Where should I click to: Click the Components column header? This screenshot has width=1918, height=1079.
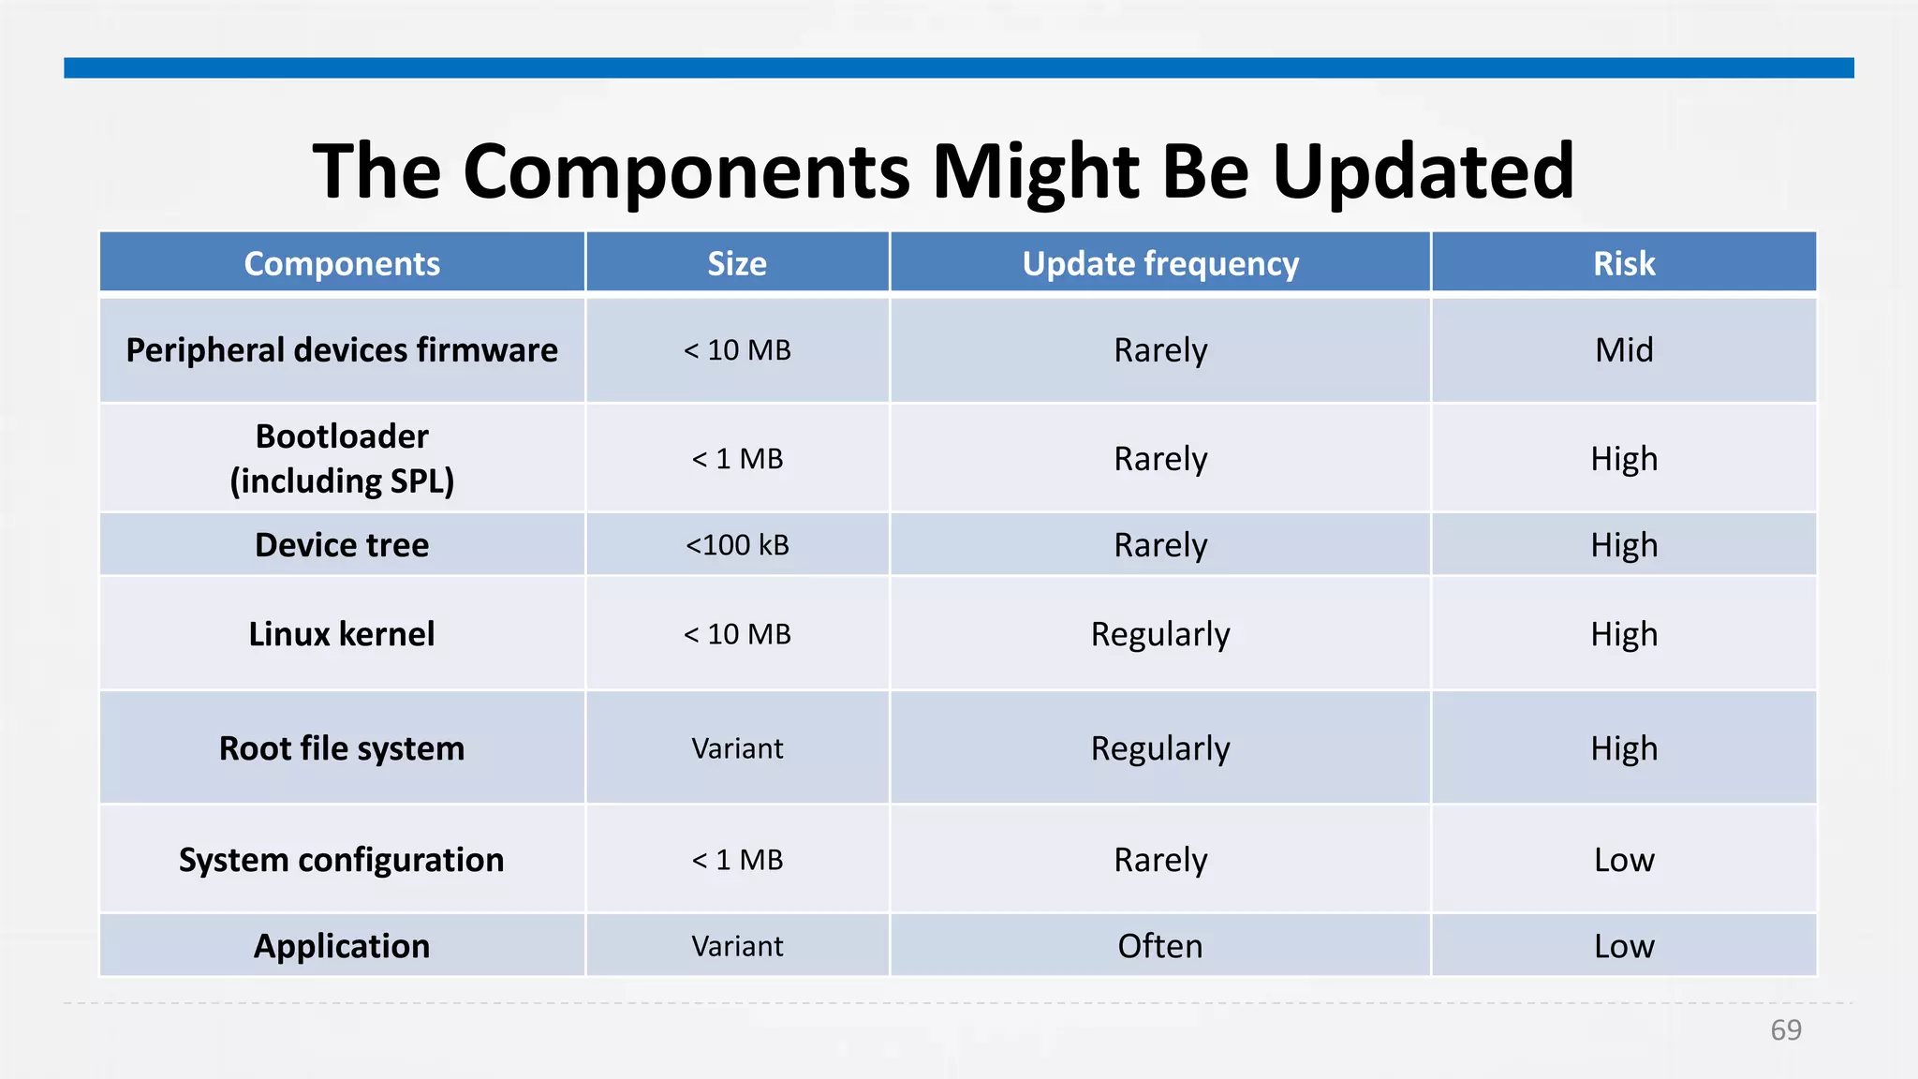tap(342, 264)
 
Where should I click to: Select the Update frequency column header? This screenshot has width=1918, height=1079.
tap(1160, 264)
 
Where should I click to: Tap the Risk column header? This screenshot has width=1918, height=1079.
tap(1624, 264)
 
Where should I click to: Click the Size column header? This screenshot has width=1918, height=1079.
tap(737, 264)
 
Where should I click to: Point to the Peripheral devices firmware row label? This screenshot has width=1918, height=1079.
tap(342, 350)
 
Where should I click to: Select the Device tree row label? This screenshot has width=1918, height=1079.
tap(342, 545)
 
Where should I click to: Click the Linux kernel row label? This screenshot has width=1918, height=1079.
tap(342, 634)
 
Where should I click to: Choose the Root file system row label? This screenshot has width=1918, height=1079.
tap(342, 748)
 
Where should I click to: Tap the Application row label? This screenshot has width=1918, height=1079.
tap(342, 946)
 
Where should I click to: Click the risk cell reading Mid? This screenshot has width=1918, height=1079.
tap(1624, 350)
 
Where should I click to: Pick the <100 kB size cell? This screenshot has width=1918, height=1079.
tap(737, 545)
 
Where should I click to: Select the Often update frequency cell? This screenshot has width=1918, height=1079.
tap(1160, 946)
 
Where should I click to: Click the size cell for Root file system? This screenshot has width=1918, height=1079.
tap(737, 748)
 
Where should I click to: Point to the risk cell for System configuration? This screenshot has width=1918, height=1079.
tap(1624, 860)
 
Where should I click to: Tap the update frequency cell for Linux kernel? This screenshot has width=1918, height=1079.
tap(1160, 634)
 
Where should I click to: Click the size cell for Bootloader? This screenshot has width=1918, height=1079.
tap(737, 459)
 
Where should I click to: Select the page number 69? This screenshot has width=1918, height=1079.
tap(1786, 1030)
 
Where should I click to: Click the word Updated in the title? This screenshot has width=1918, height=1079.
tap(1423, 171)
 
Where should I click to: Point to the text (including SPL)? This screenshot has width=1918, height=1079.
tap(342, 481)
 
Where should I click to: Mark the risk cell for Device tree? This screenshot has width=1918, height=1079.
tap(1624, 545)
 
